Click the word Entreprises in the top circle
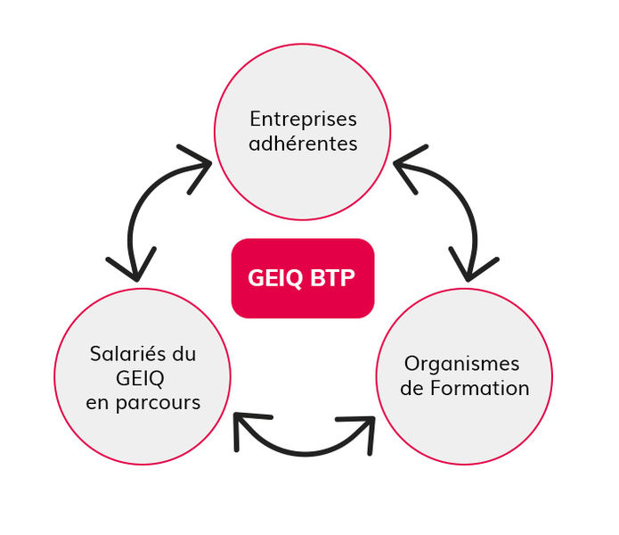point(303,119)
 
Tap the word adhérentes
point(303,144)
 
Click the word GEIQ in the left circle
point(140,379)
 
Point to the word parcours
point(159,404)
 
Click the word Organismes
point(462,365)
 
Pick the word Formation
point(480,388)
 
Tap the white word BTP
point(332,278)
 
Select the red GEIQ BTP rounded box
point(303,278)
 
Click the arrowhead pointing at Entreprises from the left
point(196,167)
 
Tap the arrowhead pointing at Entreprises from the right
point(409,167)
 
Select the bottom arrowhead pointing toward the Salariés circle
point(247,429)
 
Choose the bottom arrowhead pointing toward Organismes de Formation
point(360,432)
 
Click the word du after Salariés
point(184,354)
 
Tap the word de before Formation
point(412,389)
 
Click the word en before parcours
point(97,404)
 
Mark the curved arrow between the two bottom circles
point(305,454)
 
